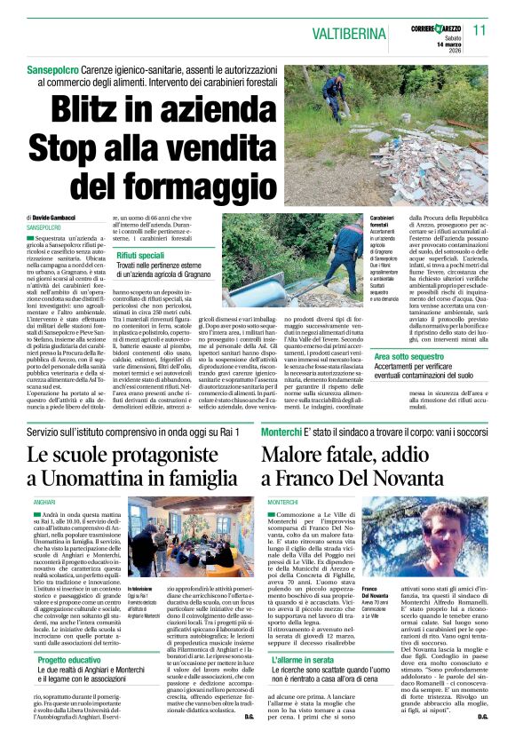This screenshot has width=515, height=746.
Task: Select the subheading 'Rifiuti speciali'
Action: click(142, 255)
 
